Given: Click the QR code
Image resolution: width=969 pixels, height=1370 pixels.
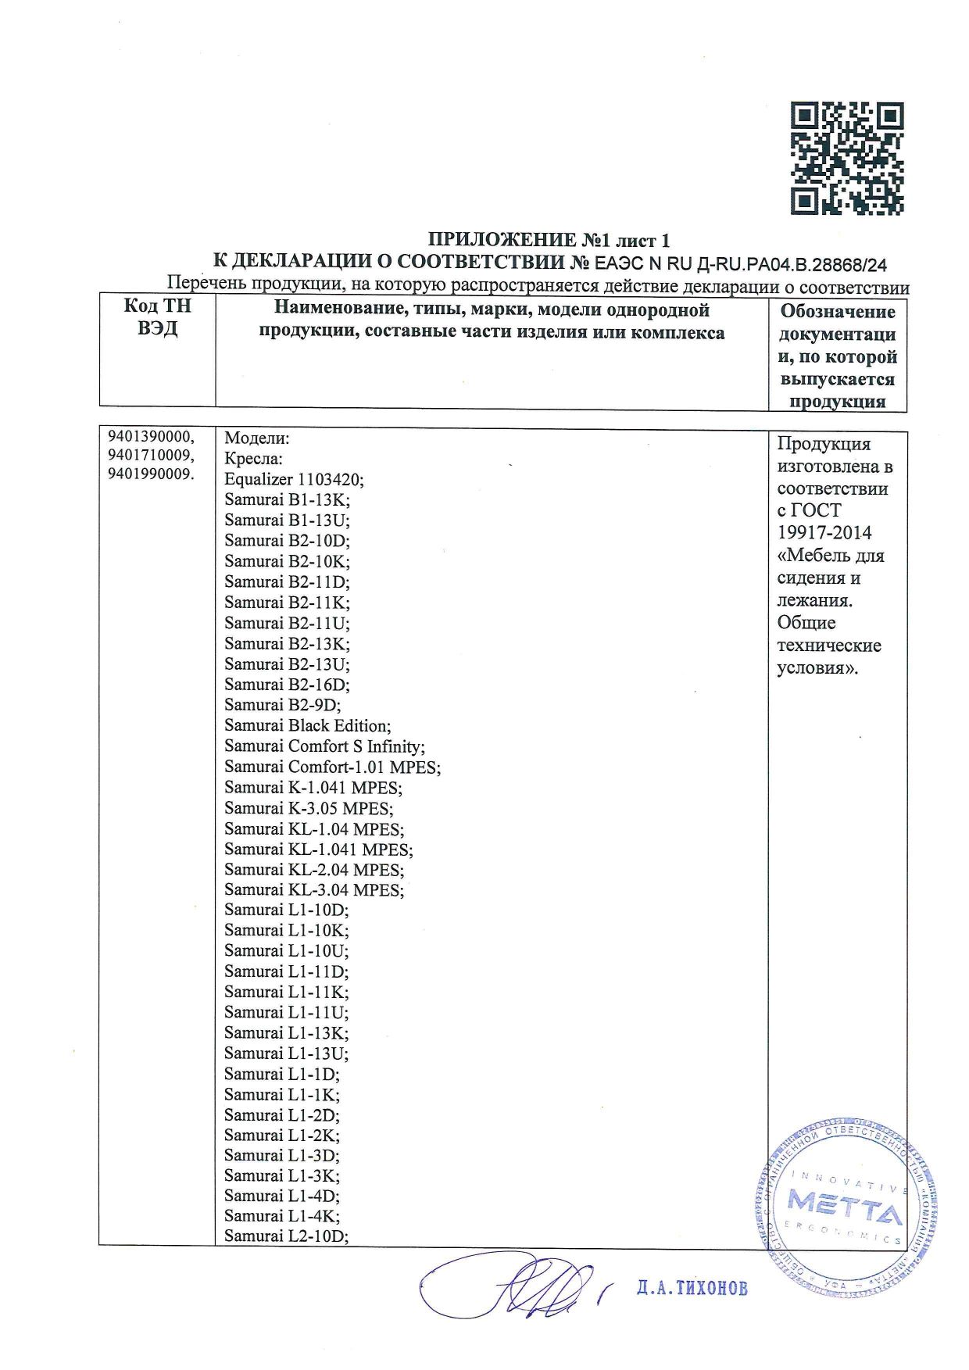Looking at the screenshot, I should pyautogui.click(x=847, y=159).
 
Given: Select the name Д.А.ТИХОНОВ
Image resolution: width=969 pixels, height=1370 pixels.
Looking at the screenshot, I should pyautogui.click(x=692, y=1288).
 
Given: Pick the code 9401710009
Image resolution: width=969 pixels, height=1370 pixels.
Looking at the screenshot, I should pyautogui.click(x=151, y=456).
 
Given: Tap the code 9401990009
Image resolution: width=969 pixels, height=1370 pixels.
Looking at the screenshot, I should pyautogui.click(x=151, y=474).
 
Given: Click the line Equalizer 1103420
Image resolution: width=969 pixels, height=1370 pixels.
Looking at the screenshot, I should pyautogui.click(x=294, y=479).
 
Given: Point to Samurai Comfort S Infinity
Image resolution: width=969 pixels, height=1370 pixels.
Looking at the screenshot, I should pyautogui.click(x=324, y=746).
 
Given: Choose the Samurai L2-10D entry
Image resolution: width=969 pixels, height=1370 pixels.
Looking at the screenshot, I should pyautogui.click(x=286, y=1236).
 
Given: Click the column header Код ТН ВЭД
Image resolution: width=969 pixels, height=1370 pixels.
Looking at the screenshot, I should pyautogui.click(x=157, y=317).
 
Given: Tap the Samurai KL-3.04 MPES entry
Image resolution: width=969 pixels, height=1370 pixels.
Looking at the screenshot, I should pyautogui.click(x=314, y=890).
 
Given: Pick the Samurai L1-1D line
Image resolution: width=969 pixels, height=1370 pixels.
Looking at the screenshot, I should pyautogui.click(x=281, y=1074).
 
